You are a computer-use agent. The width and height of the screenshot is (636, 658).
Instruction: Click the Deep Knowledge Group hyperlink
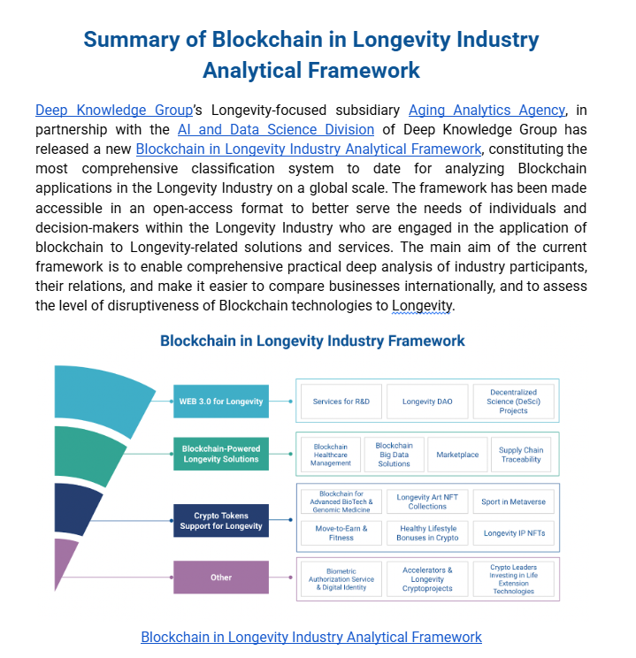click(x=113, y=111)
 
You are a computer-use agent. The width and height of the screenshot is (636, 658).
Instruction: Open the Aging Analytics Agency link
click(x=487, y=111)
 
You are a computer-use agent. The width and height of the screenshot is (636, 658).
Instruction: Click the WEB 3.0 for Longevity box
click(x=220, y=402)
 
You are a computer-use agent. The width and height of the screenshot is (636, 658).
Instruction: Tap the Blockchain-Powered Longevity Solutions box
click(x=220, y=454)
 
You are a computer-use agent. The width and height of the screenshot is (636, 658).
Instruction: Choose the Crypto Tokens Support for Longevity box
click(x=220, y=521)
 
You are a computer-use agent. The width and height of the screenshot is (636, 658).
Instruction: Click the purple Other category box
click(x=220, y=578)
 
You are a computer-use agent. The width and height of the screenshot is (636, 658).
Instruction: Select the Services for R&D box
click(x=341, y=402)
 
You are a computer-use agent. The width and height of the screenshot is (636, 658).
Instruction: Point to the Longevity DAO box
click(x=427, y=402)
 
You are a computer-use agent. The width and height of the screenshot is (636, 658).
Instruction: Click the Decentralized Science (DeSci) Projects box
click(x=513, y=401)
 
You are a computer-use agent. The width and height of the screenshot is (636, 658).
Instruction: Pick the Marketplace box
click(x=457, y=455)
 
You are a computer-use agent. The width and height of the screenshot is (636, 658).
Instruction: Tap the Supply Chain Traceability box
click(x=521, y=455)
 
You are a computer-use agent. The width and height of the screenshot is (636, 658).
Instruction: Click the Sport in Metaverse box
click(x=513, y=501)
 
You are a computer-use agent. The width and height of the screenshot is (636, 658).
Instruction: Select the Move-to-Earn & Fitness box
click(x=341, y=532)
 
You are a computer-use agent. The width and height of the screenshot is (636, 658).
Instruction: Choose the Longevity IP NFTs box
click(x=513, y=532)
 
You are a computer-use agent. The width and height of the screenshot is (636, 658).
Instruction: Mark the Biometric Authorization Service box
click(x=341, y=579)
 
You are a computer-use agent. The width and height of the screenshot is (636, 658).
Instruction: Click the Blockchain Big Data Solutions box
click(x=394, y=455)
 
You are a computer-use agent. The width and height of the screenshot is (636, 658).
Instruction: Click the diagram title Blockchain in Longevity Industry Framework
click(x=312, y=340)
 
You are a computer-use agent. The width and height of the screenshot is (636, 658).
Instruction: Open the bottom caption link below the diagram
click(x=311, y=637)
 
